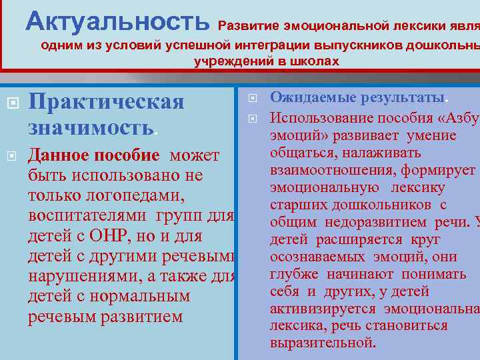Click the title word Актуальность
117,21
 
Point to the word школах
313,61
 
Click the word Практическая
107,103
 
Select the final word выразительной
323,343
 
